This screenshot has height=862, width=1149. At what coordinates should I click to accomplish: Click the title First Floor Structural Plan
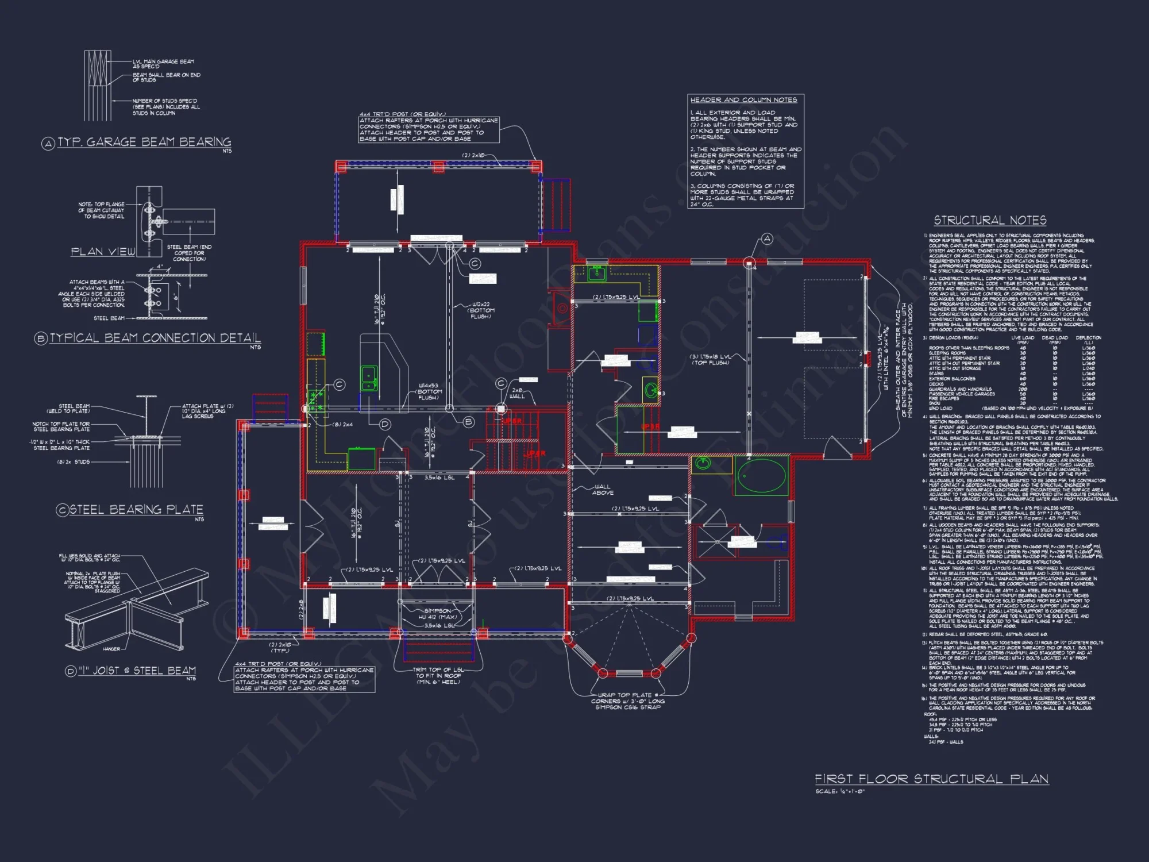pyautogui.click(x=931, y=779)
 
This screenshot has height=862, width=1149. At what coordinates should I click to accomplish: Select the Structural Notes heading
pyautogui.click(x=990, y=221)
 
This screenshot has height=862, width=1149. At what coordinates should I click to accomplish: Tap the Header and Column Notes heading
pyautogui.click(x=743, y=100)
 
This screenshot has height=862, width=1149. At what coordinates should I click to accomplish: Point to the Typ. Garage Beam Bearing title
pyautogui.click(x=144, y=142)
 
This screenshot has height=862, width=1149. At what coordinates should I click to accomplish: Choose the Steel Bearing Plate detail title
pyautogui.click(x=136, y=510)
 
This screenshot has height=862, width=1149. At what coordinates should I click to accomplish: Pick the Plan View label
pyautogui.click(x=103, y=252)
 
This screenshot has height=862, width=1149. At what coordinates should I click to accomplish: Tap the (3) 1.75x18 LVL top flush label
pyautogui.click(x=711, y=359)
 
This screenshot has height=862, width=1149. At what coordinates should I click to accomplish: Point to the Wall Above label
pyautogui.click(x=603, y=490)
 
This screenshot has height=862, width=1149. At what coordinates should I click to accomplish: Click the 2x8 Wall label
pyautogui.click(x=517, y=393)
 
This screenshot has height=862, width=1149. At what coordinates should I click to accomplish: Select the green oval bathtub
pyautogui.click(x=761, y=476)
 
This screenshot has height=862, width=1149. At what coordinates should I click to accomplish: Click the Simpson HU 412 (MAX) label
pyautogui.click(x=438, y=614)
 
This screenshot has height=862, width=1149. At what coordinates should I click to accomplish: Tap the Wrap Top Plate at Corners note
pyautogui.click(x=628, y=701)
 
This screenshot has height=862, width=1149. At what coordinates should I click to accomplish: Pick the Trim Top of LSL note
pyautogui.click(x=438, y=676)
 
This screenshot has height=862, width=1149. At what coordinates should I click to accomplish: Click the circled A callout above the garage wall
pyautogui.click(x=767, y=238)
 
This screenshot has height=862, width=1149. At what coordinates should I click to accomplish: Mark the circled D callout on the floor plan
pyautogui.click(x=385, y=424)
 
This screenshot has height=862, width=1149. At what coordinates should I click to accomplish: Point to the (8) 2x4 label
pyautogui.click(x=343, y=425)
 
